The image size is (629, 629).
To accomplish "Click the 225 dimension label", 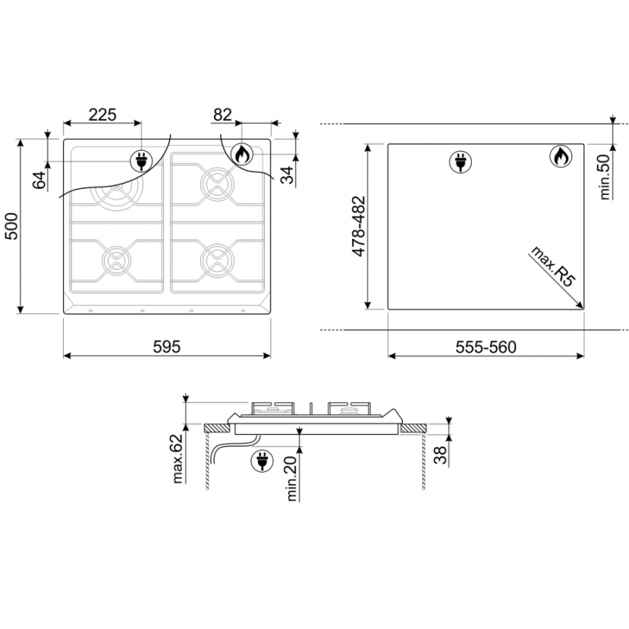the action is point(102,115).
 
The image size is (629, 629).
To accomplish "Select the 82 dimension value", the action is point(222,115).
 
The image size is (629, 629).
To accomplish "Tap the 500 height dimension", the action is point(12,226).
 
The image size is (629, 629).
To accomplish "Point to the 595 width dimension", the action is point(167,347).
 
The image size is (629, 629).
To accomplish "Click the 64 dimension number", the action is point(39,180).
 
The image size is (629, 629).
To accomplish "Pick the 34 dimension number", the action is point(287,175).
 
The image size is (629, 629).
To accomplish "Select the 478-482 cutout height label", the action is point(359,226).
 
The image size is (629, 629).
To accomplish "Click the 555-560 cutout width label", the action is point(486,347).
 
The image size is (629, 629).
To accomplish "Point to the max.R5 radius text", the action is point(551,266).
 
